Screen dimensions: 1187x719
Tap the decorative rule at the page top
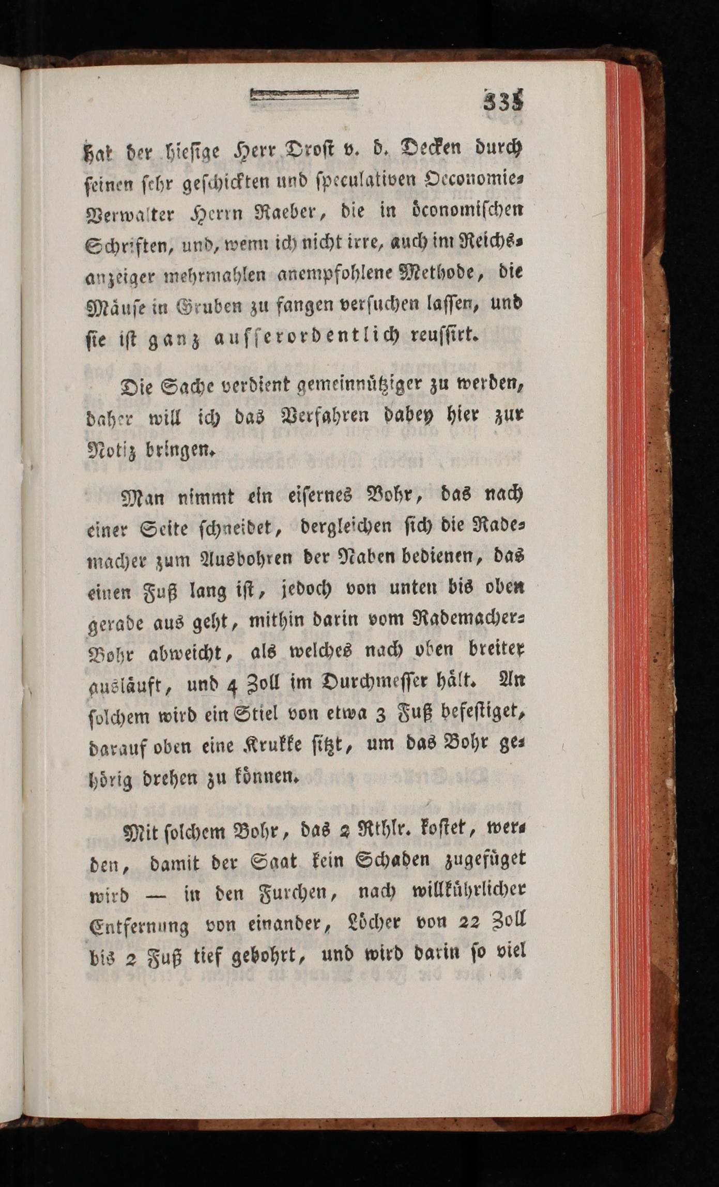pos(304,95)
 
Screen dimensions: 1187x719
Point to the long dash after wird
pos(155,895)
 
